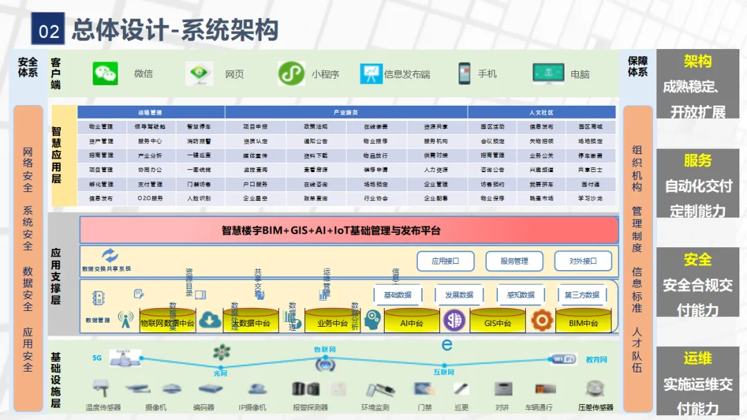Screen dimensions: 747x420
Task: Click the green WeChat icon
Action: click(x=105, y=74)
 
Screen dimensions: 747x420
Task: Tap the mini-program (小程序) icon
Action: click(x=291, y=74)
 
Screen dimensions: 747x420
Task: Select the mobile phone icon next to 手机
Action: click(x=464, y=73)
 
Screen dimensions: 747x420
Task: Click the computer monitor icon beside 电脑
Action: click(x=548, y=73)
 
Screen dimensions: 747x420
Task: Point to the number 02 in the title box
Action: click(x=48, y=31)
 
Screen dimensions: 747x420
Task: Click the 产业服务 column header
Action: click(x=346, y=112)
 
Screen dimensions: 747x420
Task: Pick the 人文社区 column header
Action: click(x=542, y=112)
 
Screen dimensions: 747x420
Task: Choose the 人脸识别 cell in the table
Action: click(x=199, y=198)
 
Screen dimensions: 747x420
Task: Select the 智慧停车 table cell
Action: click(x=199, y=127)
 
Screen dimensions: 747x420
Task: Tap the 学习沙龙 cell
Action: click(x=590, y=198)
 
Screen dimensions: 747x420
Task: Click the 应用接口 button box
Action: click(x=445, y=261)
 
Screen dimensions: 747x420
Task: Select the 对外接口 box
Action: click(x=583, y=261)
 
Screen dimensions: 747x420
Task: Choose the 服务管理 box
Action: click(x=514, y=261)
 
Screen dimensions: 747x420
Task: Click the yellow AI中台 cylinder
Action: click(x=412, y=322)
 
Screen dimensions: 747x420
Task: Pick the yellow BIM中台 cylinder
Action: click(x=583, y=322)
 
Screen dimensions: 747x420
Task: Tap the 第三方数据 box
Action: click(x=582, y=295)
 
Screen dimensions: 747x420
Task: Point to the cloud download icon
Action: click(x=209, y=321)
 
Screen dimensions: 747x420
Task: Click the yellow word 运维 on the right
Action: click(x=697, y=359)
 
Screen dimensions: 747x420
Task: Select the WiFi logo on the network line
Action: click(x=562, y=359)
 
